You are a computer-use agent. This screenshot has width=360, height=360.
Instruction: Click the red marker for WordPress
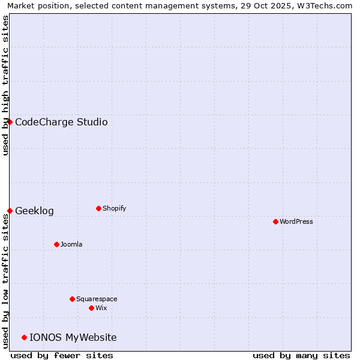[275, 221]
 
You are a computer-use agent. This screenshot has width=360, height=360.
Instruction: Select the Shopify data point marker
[98, 208]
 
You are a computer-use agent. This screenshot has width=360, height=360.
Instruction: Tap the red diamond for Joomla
[56, 244]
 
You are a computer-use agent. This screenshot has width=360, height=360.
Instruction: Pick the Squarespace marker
[72, 299]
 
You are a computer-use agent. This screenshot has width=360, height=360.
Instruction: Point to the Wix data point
[91, 308]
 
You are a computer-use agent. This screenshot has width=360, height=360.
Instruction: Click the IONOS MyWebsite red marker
[24, 337]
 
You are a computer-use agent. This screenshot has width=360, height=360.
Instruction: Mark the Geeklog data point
[10, 211]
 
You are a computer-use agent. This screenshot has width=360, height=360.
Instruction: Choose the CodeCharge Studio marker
[10, 122]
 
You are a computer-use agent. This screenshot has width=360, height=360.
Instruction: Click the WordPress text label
[296, 221]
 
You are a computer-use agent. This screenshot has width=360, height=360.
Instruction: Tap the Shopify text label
[115, 208]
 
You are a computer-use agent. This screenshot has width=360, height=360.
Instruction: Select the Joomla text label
[71, 244]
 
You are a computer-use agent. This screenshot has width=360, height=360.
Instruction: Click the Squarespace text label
[97, 299]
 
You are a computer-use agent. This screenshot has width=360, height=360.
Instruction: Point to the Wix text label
[101, 308]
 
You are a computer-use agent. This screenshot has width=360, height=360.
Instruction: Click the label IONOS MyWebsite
[73, 337]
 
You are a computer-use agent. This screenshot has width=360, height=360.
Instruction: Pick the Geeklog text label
[34, 211]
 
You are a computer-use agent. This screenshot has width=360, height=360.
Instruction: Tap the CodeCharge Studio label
[61, 122]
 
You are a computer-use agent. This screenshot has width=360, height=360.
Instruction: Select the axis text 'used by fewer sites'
[62, 355]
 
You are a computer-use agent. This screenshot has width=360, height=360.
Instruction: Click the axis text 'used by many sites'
[301, 355]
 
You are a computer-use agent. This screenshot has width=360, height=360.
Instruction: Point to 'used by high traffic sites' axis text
[5, 85]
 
